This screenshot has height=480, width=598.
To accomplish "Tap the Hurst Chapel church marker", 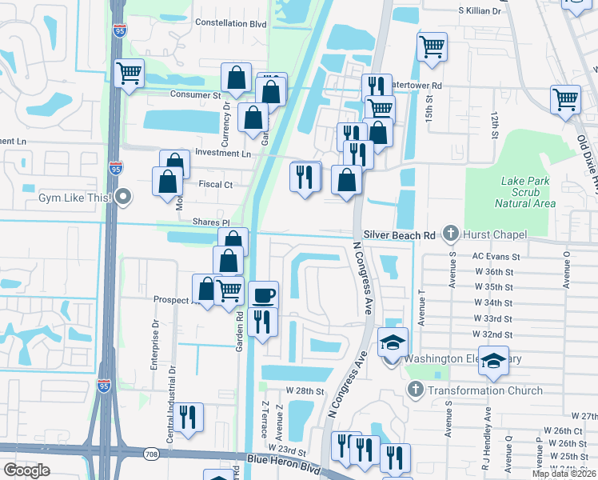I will click(450, 234).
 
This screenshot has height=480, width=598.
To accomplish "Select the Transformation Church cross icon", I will click(415, 390).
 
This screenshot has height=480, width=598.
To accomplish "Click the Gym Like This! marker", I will click(123, 197).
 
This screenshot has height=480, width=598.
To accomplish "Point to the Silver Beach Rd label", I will click(399, 234).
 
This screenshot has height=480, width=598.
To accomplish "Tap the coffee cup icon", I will click(264, 294).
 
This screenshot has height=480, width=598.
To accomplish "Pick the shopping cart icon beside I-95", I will click(129, 73).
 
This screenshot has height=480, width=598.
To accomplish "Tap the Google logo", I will click(26, 470).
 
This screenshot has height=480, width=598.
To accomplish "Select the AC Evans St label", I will click(496, 257).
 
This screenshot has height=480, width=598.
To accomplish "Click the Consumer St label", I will click(194, 94).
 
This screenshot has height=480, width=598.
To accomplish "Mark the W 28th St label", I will click(305, 391).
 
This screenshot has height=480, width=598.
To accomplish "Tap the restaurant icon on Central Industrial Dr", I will click(189, 417).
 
